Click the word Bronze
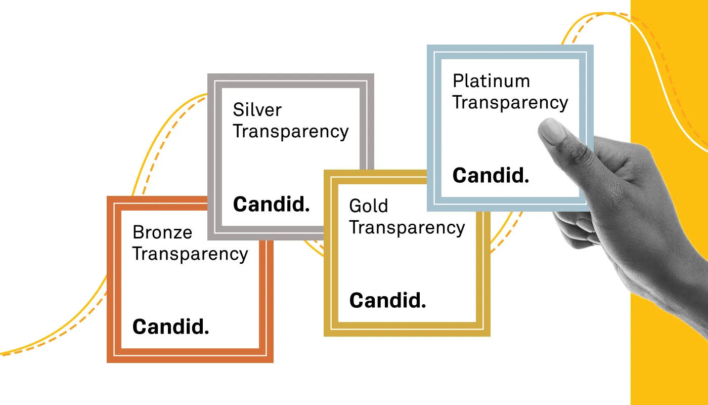point(162,232)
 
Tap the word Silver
point(257,110)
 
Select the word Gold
point(369,206)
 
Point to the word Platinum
point(491,81)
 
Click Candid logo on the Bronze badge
point(170,327)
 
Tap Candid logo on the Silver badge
point(271,205)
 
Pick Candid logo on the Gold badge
point(387,301)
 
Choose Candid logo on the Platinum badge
point(491,176)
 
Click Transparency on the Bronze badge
point(190,254)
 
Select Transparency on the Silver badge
point(291,132)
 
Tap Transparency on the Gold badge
point(407,228)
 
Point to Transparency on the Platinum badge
point(510,103)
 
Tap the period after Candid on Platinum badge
point(526,181)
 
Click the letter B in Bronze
point(138,232)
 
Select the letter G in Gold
point(355,206)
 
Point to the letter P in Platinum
point(458,81)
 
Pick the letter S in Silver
point(238,110)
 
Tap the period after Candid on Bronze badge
point(206,332)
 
